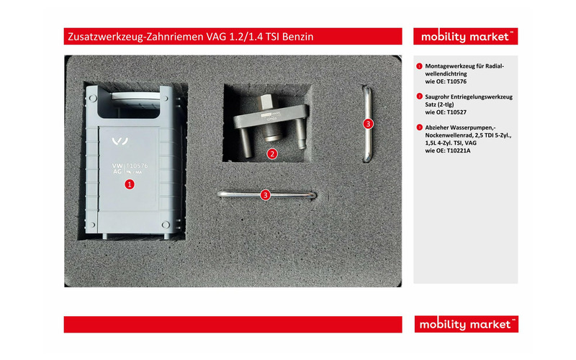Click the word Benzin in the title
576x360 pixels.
(x=296, y=36)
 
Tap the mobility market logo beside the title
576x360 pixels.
(x=465, y=36)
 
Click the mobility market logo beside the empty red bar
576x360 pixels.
(x=465, y=324)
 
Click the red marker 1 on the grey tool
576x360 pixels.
(x=130, y=184)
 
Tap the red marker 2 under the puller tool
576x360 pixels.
(x=272, y=153)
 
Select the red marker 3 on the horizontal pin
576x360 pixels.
(x=266, y=194)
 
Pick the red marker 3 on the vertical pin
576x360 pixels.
(x=368, y=124)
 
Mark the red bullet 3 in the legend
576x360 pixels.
(x=419, y=127)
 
